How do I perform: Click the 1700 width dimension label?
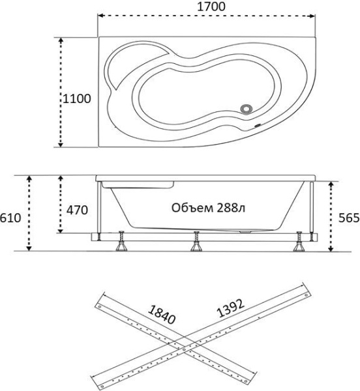[x=211, y=7]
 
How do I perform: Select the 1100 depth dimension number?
[x=76, y=99]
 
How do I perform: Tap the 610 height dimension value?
[x=10, y=218]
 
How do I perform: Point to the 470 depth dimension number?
[x=77, y=210]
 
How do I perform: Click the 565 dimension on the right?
[x=349, y=218]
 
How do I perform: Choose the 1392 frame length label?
[x=230, y=308]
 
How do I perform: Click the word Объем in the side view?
[x=192, y=208]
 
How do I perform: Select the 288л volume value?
[x=231, y=208]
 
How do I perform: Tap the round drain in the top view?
[x=247, y=109]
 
